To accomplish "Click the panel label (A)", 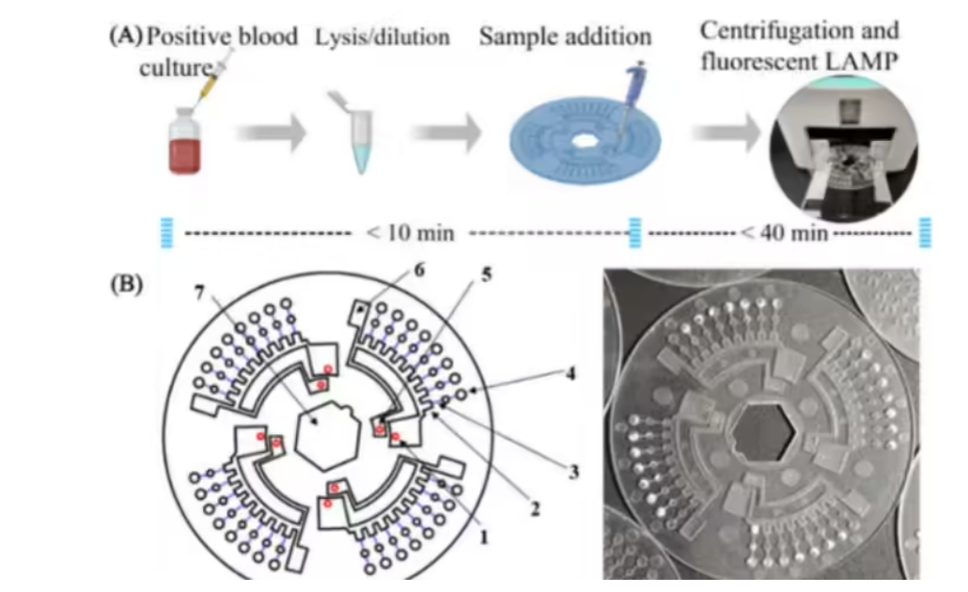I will (x=125, y=37).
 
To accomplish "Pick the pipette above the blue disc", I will (x=632, y=94).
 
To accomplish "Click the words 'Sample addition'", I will (x=565, y=38).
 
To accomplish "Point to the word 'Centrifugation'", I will (x=799, y=30).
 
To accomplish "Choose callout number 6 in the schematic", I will (x=420, y=271).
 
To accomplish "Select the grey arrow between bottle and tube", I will (x=271, y=132).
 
